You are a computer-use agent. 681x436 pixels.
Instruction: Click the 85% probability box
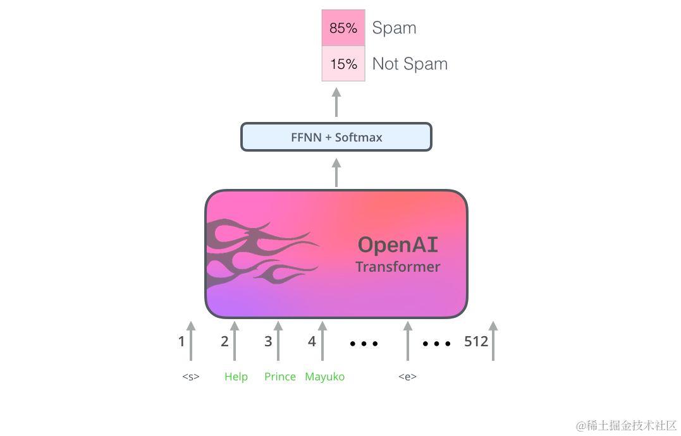click(x=343, y=28)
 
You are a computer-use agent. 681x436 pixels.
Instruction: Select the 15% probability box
click(x=343, y=64)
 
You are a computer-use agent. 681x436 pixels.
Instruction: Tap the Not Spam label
click(x=410, y=64)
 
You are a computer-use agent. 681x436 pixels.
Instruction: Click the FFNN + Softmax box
click(x=336, y=137)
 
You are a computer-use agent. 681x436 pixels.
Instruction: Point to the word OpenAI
click(x=398, y=245)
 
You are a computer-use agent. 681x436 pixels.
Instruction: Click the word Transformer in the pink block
click(x=398, y=267)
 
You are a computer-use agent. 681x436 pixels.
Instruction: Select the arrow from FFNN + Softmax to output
click(x=336, y=102)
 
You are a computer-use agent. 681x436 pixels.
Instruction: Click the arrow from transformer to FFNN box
click(x=336, y=172)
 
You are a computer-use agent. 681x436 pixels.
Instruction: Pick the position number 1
click(x=181, y=342)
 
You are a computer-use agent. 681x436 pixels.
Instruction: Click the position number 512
click(x=476, y=342)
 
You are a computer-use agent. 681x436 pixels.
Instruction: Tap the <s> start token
click(x=191, y=377)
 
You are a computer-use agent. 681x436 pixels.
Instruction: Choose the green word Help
click(x=236, y=377)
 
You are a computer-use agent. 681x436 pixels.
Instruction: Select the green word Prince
click(x=280, y=377)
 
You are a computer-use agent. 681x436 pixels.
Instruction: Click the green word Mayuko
click(x=325, y=377)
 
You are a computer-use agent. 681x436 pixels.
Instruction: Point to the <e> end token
click(x=408, y=377)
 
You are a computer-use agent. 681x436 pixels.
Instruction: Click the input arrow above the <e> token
click(x=408, y=341)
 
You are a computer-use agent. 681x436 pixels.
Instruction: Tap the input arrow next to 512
click(x=493, y=341)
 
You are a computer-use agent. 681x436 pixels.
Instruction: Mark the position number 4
click(x=312, y=342)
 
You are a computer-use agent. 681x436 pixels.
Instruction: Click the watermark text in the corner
click(x=626, y=425)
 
